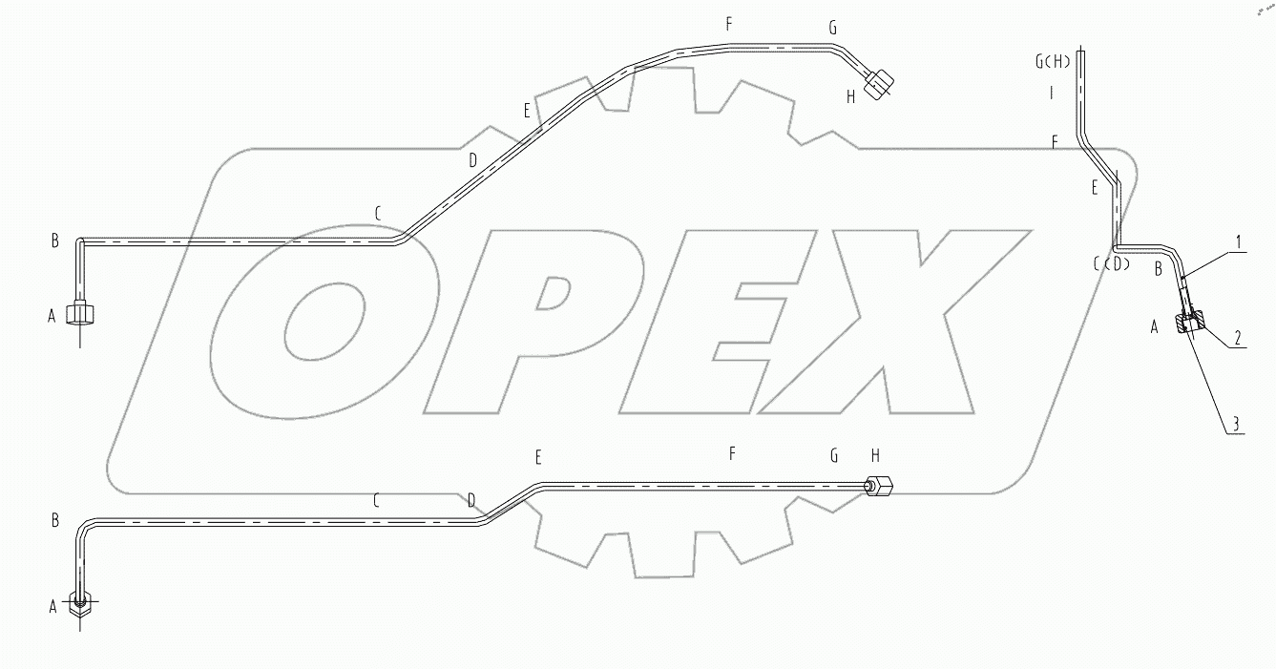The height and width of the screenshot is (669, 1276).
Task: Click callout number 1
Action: tap(1237, 243)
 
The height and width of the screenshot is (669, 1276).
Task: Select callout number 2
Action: tap(1237, 339)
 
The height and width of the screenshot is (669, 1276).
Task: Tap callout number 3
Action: tap(1236, 424)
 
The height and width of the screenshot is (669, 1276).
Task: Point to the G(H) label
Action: tap(1053, 61)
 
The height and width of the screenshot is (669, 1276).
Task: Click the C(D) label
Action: tap(1112, 263)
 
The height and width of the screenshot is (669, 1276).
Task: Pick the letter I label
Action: tap(1052, 93)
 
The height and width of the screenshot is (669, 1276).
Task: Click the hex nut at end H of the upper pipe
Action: tap(878, 84)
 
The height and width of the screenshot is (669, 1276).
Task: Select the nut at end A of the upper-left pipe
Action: tap(80, 314)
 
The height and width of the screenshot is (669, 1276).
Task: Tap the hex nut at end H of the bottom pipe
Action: tap(878, 487)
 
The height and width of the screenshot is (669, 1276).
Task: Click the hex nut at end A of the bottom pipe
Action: tap(80, 605)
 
